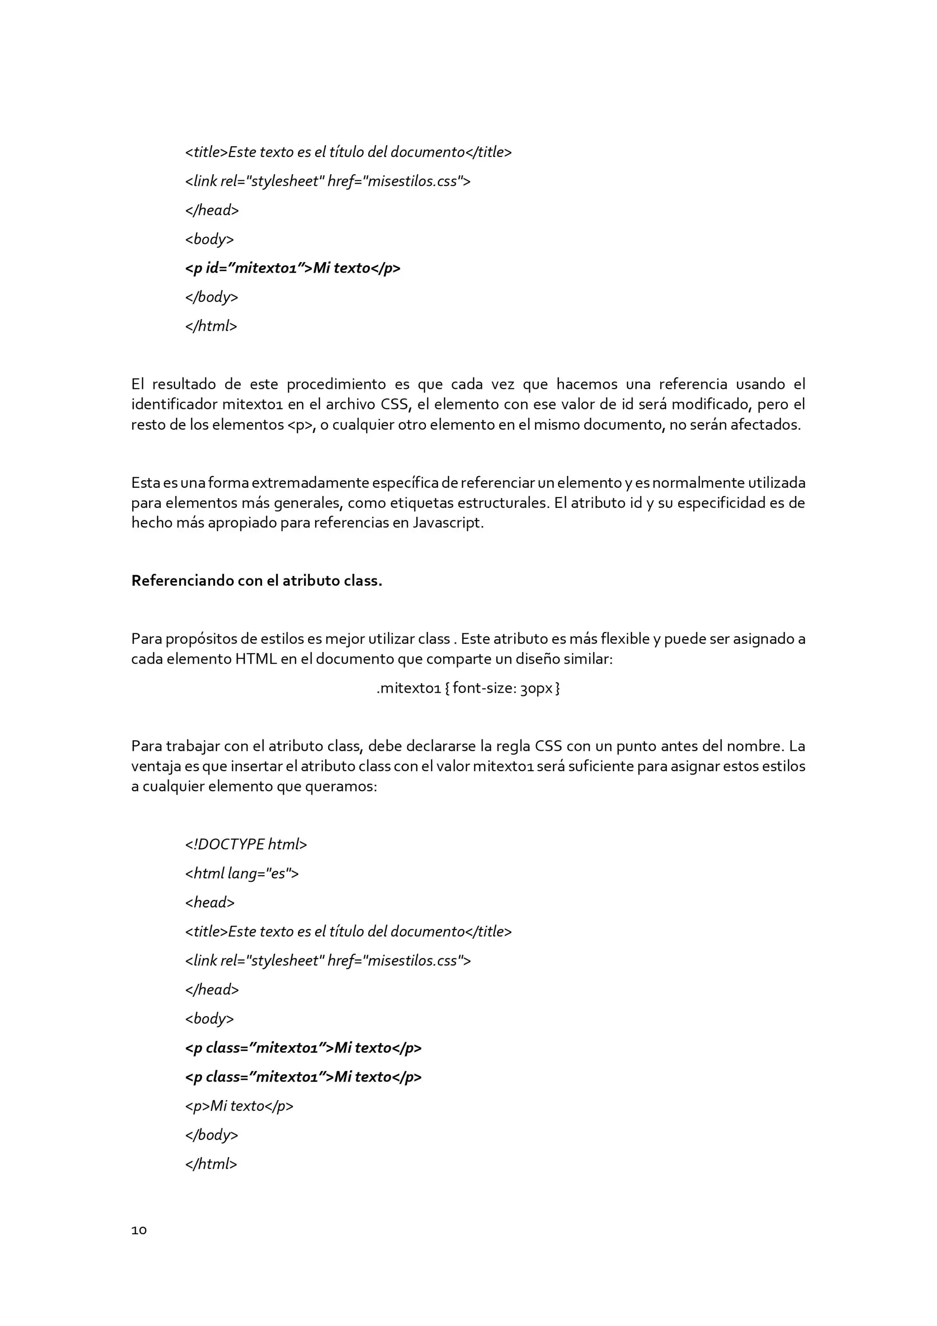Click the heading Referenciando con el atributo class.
[x=257, y=581]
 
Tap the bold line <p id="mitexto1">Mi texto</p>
[x=293, y=268]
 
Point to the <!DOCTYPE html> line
[x=246, y=844]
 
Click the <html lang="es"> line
[x=242, y=873]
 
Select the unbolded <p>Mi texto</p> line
[x=239, y=1106]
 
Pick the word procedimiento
[x=336, y=384]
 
